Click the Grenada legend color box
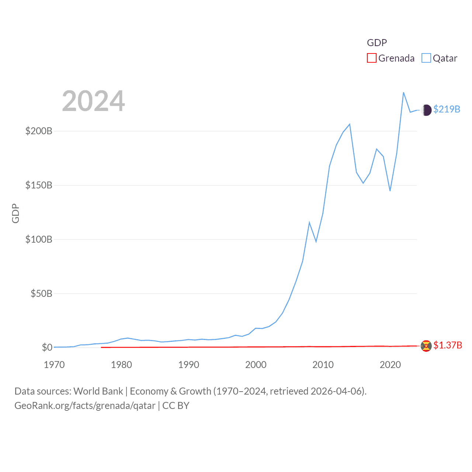point(371,58)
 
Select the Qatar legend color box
point(426,58)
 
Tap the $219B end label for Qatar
point(447,109)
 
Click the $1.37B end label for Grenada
point(447,345)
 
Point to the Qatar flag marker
point(426,110)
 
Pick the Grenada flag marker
point(426,346)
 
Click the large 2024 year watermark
point(93,101)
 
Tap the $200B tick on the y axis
point(39,131)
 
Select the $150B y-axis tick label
point(39,185)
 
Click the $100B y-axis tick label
point(39,239)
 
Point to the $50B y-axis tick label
point(41,294)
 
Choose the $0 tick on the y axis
point(47,347)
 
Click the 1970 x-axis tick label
point(54,365)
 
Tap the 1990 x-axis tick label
point(188,365)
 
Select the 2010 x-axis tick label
point(323,365)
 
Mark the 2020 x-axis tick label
point(390,365)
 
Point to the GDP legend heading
point(377,43)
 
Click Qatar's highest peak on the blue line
point(403,93)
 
